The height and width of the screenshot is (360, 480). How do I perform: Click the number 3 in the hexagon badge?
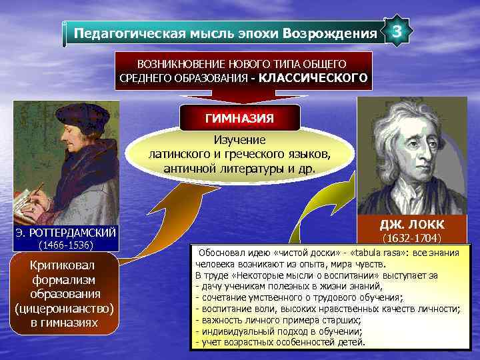pos(397,32)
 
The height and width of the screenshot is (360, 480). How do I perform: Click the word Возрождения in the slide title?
pos(329,33)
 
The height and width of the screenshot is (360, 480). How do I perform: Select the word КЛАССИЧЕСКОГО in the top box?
pos(313,78)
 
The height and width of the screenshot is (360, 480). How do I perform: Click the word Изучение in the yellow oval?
pos(239,140)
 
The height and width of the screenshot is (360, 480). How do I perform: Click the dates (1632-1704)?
pos(411,237)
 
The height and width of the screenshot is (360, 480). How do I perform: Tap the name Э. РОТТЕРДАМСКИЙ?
pos(66,232)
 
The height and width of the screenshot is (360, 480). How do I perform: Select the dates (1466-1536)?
pos(66,245)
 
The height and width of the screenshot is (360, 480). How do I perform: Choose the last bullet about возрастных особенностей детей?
pos(280,342)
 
